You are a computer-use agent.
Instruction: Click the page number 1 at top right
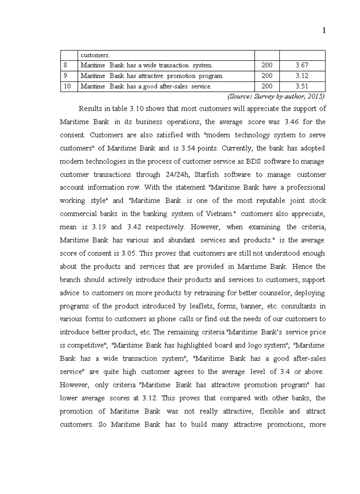[x=324, y=31]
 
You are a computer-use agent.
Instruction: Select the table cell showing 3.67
[x=302, y=65]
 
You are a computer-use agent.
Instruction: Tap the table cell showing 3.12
[x=302, y=76]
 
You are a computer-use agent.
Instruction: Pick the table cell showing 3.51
[x=302, y=86]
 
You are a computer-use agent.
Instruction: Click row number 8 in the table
[x=65, y=65]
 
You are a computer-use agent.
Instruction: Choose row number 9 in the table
[x=65, y=76]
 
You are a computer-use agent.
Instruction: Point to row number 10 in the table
[x=67, y=86]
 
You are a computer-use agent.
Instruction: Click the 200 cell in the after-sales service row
[x=267, y=86]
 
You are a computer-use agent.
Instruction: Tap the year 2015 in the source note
[x=314, y=96]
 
